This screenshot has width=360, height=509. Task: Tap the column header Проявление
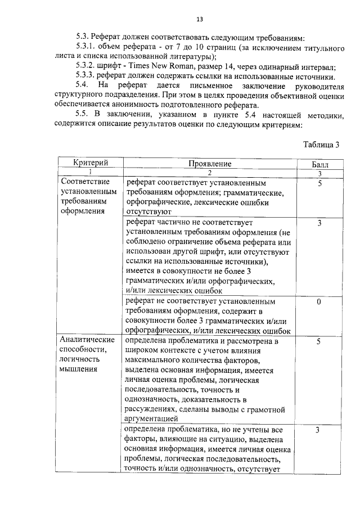click(x=210, y=163)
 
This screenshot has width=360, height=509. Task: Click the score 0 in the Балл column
click(x=319, y=302)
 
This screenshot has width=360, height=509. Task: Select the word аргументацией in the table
click(x=152, y=418)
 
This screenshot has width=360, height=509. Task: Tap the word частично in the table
click(x=173, y=223)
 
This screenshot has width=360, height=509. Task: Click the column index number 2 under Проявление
click(x=209, y=172)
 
